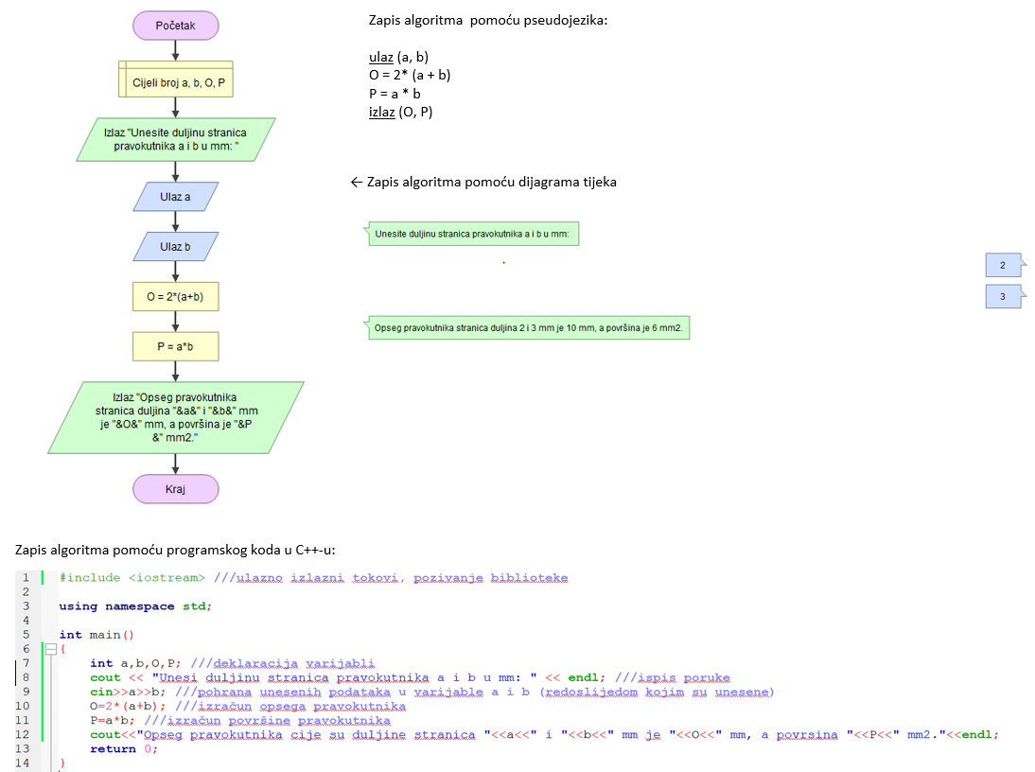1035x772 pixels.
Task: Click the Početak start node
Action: tap(175, 26)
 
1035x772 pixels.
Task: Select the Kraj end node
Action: tap(175, 489)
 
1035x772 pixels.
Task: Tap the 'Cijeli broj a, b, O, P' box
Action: tap(175, 83)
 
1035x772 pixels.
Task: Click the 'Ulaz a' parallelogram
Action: tap(175, 196)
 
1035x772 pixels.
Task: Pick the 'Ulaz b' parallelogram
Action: tap(175, 247)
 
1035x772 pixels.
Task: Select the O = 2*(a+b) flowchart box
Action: tap(175, 297)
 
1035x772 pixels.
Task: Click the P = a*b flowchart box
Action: tap(175, 347)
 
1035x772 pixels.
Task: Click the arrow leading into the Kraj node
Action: tap(175, 463)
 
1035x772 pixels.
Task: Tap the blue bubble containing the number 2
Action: tap(1003, 265)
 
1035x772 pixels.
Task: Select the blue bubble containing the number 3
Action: tap(1003, 297)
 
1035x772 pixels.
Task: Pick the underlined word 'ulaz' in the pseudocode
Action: tap(380, 57)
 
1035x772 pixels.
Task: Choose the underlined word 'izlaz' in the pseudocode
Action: tap(382, 112)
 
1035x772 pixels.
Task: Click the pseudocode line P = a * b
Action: tap(395, 94)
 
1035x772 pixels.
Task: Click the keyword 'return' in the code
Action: tap(114, 748)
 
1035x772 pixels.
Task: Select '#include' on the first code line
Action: tap(89, 577)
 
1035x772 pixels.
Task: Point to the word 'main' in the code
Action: tap(105, 635)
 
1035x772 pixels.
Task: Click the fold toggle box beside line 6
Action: tap(51, 649)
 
